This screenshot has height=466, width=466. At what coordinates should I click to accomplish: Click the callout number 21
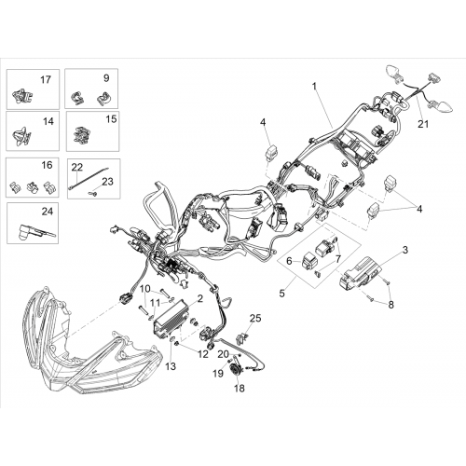coord(423,124)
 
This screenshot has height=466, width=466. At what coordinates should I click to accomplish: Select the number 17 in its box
coord(46,80)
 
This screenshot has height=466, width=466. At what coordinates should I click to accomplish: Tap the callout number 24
coord(48,212)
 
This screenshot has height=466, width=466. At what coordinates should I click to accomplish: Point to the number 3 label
coord(404,250)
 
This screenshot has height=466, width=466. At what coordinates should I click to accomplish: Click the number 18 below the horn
coord(240,388)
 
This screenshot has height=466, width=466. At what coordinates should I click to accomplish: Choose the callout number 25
coord(255,318)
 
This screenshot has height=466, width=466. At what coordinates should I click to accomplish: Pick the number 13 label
coord(171,366)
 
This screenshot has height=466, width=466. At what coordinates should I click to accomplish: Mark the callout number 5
coord(281,294)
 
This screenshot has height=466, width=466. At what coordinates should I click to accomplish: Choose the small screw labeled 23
coord(93,194)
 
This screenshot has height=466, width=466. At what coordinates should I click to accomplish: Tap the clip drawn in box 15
coord(82,135)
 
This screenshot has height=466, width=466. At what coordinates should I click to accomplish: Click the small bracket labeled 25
coord(241,338)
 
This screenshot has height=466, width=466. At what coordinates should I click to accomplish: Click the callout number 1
coord(314,86)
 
